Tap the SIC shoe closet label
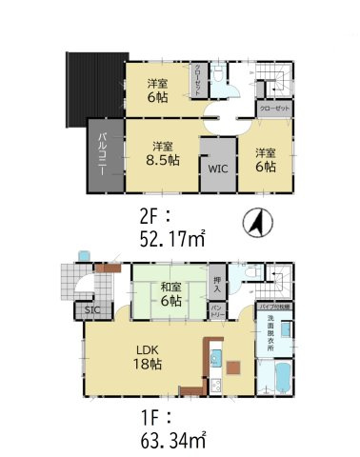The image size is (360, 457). (92, 310)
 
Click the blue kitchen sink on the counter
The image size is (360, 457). (216, 359)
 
